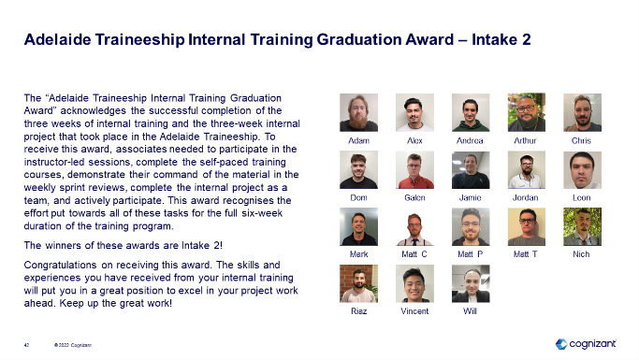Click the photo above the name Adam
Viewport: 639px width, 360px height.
358,112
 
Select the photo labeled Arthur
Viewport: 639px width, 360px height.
526,112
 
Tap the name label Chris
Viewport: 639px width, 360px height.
581,140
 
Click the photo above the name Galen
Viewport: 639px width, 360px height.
414,170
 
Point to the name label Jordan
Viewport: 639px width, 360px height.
526,198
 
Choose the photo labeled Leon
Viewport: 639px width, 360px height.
581,170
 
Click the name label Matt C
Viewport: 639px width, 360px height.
414,253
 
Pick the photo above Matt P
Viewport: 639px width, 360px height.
470,226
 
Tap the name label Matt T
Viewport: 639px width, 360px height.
526,253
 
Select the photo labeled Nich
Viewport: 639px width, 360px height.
581,226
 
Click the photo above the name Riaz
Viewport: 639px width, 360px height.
358,283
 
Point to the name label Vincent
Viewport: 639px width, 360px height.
414,310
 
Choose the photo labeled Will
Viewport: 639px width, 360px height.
470,283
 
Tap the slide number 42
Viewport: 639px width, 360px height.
27,344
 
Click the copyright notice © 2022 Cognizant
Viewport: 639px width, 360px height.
72,344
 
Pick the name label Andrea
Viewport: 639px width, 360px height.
470,140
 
